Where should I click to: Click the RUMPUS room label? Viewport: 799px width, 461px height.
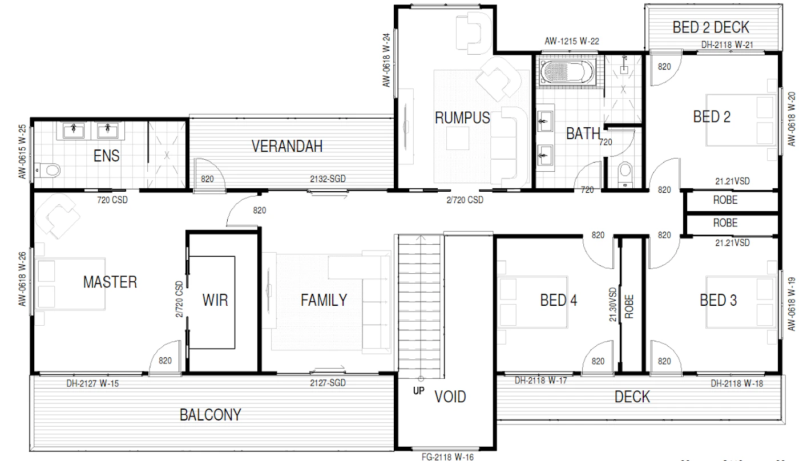(462, 118)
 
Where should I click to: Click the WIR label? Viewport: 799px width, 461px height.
(215, 300)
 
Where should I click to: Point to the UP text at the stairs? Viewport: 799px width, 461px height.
(419, 391)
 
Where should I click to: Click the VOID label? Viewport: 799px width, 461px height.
(450, 397)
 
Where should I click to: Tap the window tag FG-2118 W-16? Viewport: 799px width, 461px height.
(447, 457)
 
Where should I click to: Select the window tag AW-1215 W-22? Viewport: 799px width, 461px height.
(572, 41)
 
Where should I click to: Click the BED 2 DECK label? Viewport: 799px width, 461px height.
(711, 27)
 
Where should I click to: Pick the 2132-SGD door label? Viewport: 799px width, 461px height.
(328, 179)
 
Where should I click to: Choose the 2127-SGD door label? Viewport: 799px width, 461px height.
(328, 383)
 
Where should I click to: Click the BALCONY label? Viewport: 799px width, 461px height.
(211, 415)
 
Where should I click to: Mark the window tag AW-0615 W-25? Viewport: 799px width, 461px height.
(22, 152)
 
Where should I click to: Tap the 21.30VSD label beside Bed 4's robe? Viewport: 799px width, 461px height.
(613, 305)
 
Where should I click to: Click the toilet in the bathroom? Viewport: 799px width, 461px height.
(626, 175)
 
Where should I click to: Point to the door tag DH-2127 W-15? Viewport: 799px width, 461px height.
(92, 383)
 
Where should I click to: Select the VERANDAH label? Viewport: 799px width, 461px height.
(286, 146)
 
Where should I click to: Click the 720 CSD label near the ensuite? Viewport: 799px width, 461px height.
(112, 200)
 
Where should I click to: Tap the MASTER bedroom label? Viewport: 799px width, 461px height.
(110, 282)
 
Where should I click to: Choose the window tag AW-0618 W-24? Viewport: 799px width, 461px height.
(386, 60)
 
